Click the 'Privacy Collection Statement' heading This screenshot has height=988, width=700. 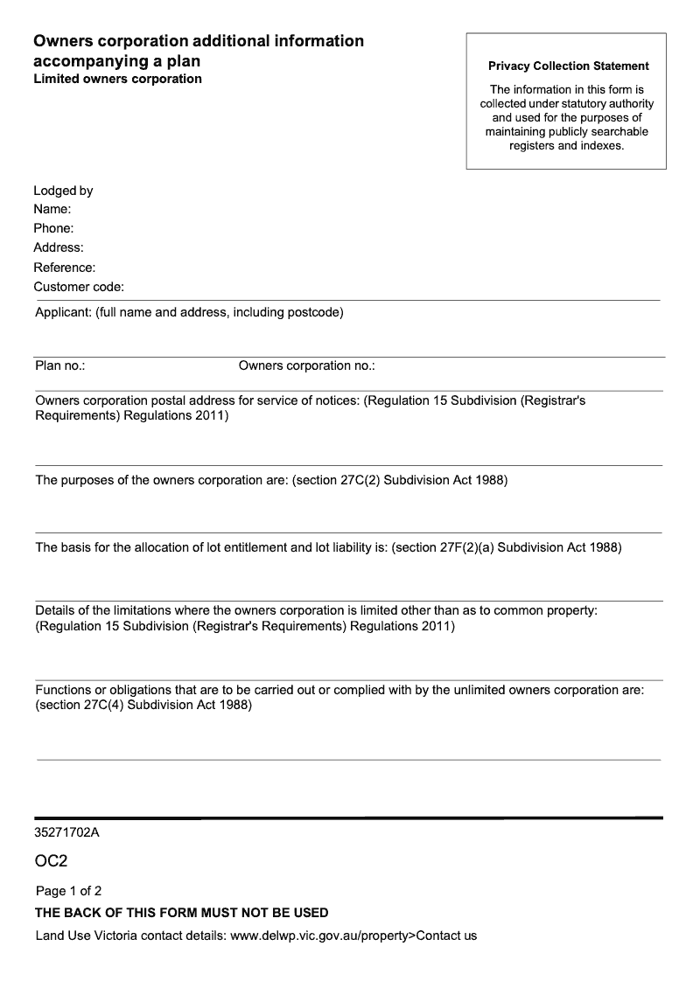click(569, 66)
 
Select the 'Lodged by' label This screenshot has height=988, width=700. click(63, 191)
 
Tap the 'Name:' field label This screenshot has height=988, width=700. click(52, 210)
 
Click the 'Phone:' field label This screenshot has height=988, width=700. click(53, 229)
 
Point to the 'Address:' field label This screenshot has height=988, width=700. click(59, 248)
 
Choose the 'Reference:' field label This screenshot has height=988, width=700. click(65, 268)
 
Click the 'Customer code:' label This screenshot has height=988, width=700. click(79, 287)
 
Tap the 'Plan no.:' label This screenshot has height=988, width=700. click(59, 365)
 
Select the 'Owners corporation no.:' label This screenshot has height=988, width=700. click(306, 365)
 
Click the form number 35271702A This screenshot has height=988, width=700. click(67, 832)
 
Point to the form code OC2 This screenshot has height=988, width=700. click(52, 862)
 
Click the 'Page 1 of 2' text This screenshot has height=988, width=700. click(68, 891)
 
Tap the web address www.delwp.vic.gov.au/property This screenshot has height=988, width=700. click(318, 936)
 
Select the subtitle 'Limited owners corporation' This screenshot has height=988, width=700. click(117, 79)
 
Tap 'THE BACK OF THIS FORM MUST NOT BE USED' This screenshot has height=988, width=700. click(181, 913)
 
